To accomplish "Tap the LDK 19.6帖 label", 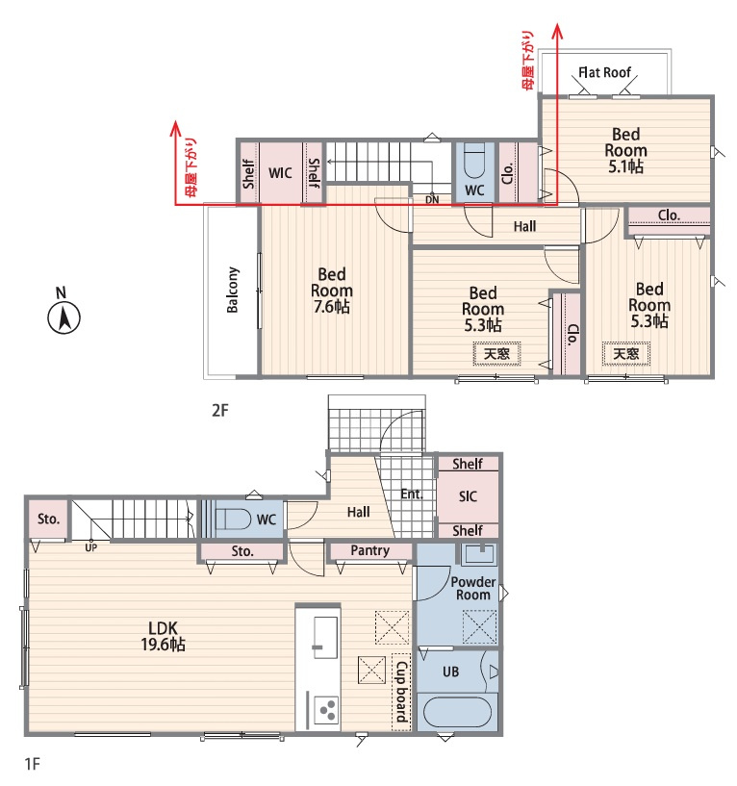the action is (163, 636).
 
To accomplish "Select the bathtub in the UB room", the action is (457, 712).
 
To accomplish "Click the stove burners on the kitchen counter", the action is (327, 710).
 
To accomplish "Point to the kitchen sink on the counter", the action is (325, 637).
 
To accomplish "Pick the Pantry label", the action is (370, 550).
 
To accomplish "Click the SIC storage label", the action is (468, 496).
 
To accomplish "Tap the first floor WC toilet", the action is (232, 519).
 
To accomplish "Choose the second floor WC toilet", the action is (474, 161).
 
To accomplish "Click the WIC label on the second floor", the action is (280, 173).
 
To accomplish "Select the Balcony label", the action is (232, 290).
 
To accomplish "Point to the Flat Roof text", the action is (604, 73).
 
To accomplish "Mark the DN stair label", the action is (432, 199).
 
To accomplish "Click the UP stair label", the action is (90, 548).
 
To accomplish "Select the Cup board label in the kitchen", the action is (401, 692).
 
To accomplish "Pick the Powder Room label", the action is (472, 589).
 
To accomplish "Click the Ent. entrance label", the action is (412, 494).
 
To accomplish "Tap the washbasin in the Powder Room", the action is (479, 554).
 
